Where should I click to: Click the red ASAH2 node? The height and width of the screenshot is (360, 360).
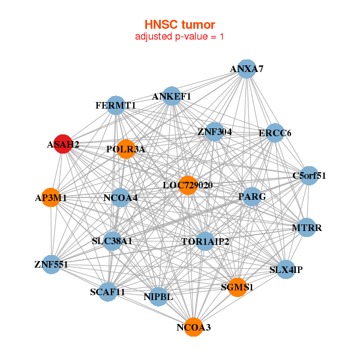(x=63, y=144)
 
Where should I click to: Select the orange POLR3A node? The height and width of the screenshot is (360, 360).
(x=126, y=149)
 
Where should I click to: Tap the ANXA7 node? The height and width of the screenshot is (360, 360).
(x=247, y=69)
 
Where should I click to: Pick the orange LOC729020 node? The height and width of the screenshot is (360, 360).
(x=188, y=185)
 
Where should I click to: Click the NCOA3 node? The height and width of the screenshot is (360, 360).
(x=193, y=327)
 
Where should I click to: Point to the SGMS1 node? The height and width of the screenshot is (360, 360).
(x=237, y=287)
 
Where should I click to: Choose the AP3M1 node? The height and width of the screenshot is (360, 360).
(x=51, y=197)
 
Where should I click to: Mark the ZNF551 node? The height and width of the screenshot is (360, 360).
(x=51, y=264)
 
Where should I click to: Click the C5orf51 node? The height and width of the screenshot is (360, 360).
(x=309, y=176)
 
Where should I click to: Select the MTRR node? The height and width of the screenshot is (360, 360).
(x=307, y=228)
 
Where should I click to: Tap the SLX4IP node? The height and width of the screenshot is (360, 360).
(x=286, y=269)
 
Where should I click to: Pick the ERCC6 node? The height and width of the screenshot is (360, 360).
(x=275, y=133)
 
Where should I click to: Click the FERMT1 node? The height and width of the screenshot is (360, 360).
(x=115, y=106)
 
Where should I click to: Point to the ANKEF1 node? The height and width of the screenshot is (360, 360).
(x=172, y=96)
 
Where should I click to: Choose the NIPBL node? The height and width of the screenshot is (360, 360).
(x=158, y=296)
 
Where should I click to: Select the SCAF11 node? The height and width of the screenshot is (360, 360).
(x=108, y=292)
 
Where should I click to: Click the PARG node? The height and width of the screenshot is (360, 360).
(x=252, y=196)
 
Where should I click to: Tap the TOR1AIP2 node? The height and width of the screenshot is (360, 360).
(x=205, y=241)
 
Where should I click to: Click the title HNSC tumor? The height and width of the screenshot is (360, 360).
(x=179, y=25)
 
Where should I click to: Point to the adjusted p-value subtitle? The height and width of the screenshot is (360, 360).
(x=179, y=37)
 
